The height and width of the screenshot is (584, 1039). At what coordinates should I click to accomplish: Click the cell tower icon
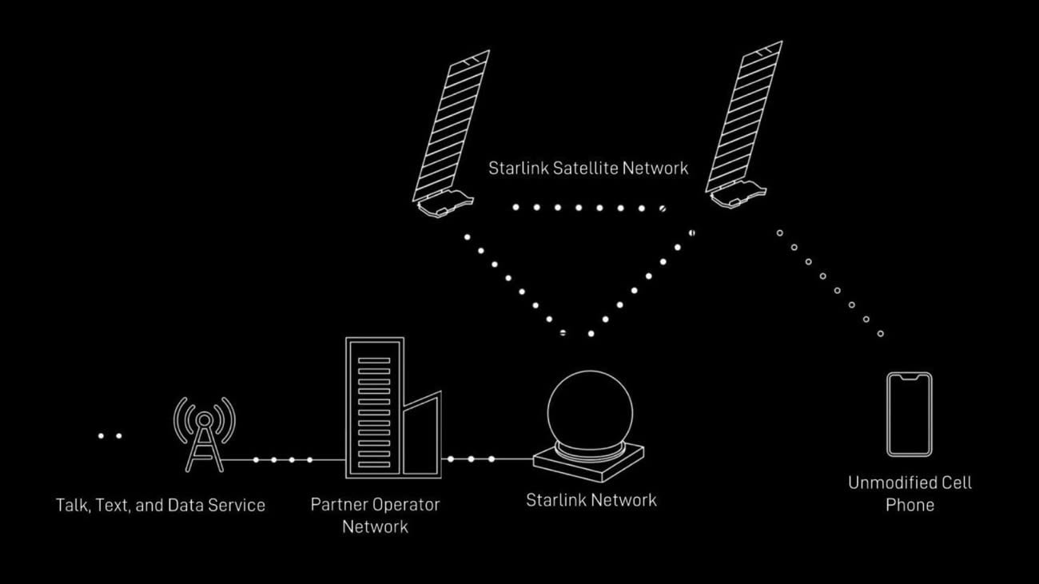pyautogui.click(x=205, y=435)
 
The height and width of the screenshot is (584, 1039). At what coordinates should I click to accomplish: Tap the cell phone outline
pyautogui.click(x=909, y=414)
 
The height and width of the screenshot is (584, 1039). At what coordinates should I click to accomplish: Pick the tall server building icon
pyautogui.click(x=374, y=407)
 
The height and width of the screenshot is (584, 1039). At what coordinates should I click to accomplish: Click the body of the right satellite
pyautogui.click(x=736, y=195)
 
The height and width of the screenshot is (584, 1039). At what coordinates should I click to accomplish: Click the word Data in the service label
pyautogui.click(x=189, y=505)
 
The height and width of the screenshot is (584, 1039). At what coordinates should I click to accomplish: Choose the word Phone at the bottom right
pyautogui.click(x=910, y=505)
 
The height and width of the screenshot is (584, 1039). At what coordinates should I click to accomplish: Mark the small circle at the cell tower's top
pyautogui.click(x=205, y=419)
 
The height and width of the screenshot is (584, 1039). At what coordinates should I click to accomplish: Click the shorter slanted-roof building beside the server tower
pyautogui.click(x=421, y=435)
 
